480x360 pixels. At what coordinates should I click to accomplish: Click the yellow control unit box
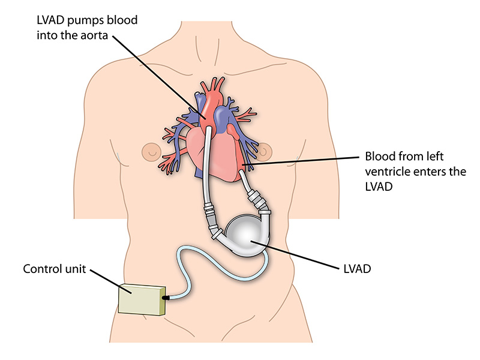[141, 298]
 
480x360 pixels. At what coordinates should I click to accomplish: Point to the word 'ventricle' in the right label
[384, 172]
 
